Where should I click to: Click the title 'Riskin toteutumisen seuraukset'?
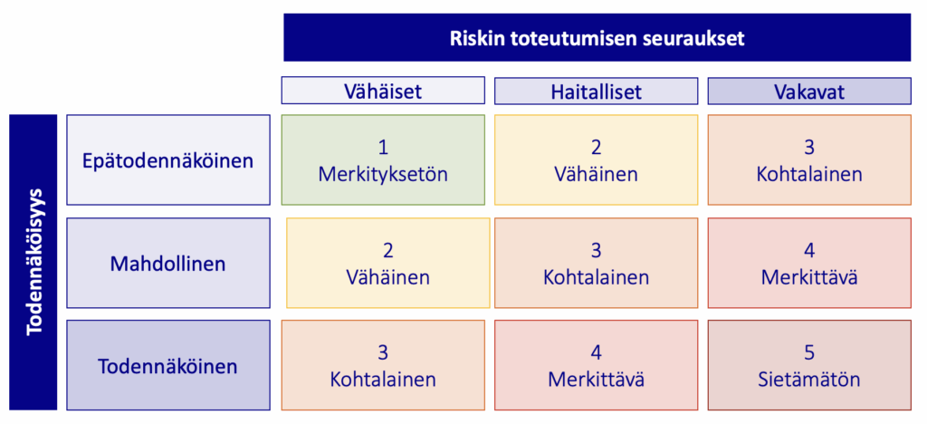coord(597,38)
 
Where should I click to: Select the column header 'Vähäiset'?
coord(383,91)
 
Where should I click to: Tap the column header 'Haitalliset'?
coord(596,91)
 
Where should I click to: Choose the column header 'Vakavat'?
coord(809,91)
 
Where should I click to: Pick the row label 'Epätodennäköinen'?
coord(168,160)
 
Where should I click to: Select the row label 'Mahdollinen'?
coord(168,264)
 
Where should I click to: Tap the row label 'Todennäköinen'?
coord(168,366)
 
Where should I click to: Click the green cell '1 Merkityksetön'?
coord(383,160)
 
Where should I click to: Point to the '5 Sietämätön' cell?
coord(809,366)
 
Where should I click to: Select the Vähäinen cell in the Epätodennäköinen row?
coord(596,160)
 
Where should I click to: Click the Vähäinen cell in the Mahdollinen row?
coord(387,264)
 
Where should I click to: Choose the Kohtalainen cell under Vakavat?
coord(809,160)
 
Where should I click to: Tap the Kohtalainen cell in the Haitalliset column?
coord(596,264)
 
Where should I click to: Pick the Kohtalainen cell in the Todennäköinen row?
coord(383,366)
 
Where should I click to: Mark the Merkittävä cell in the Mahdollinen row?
coord(809,264)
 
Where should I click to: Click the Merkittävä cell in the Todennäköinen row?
coord(596,366)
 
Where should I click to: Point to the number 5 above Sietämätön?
coord(809,352)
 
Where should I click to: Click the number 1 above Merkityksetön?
coord(383,147)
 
